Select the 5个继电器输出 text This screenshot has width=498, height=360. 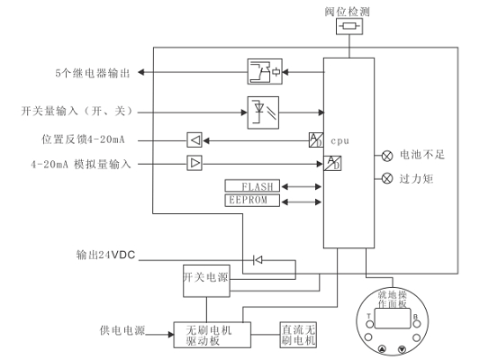93,71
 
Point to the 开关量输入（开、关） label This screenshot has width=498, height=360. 77,112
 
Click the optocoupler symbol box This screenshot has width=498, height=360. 263,111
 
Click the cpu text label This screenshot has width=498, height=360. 340,141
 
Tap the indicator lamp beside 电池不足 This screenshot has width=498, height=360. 388,155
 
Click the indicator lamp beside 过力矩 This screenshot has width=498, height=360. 388,178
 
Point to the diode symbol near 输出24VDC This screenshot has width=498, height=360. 258,260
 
